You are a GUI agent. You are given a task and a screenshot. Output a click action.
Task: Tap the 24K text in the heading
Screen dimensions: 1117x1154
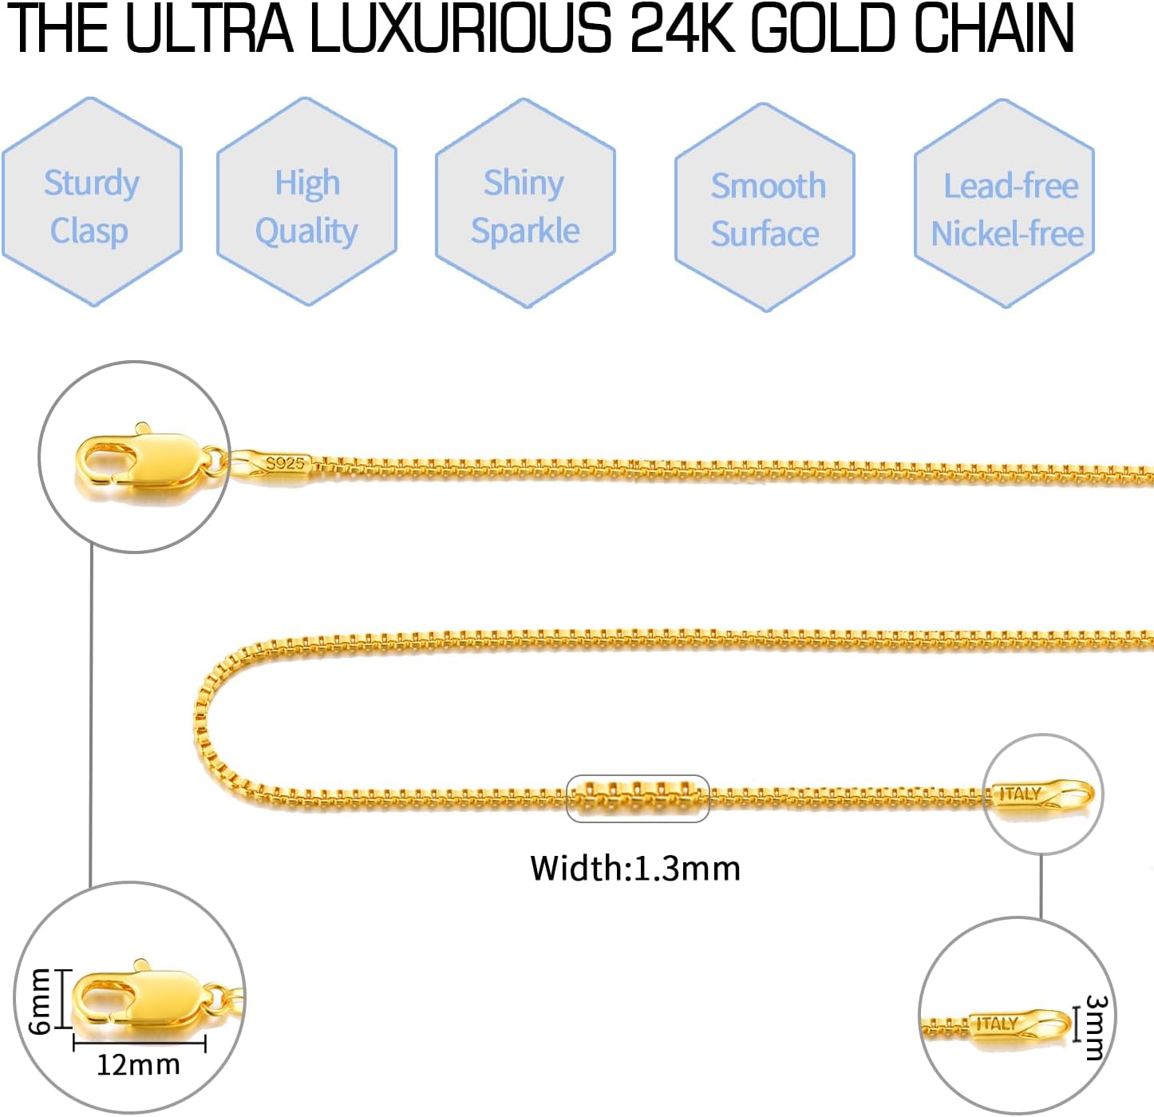(x=683, y=29)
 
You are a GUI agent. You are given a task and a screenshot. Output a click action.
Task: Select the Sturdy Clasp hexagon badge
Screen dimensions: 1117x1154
(x=92, y=204)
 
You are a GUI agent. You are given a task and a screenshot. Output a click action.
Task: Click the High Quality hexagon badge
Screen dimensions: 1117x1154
(x=306, y=204)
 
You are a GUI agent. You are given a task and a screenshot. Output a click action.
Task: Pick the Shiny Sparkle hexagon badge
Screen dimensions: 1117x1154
(x=525, y=204)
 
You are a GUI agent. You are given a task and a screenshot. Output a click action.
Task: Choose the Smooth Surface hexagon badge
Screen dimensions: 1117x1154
(x=765, y=208)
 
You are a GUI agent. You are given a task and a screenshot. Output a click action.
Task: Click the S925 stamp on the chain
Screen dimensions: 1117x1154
(x=284, y=463)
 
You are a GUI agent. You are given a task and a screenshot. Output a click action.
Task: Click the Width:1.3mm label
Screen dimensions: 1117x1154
(x=635, y=868)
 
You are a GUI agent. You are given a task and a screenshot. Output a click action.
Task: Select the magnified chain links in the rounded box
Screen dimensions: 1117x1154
(x=638, y=798)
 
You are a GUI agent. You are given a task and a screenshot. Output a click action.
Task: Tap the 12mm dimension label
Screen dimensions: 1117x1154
(x=138, y=1064)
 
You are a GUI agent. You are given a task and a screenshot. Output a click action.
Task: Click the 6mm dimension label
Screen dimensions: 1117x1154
(x=40, y=1001)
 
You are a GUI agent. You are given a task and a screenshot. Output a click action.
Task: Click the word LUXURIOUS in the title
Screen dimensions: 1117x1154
(x=460, y=29)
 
